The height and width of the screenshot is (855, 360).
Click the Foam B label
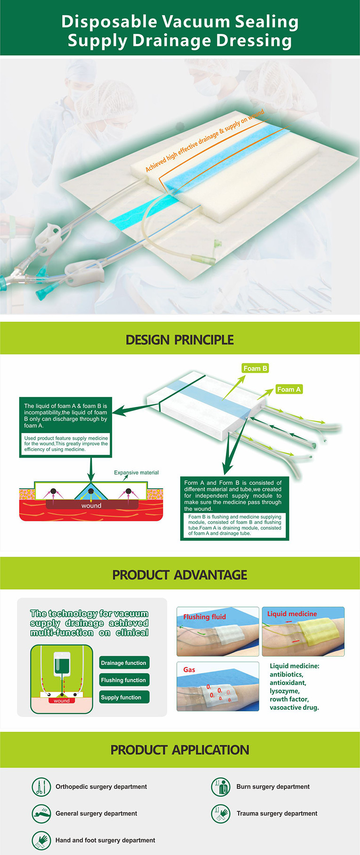coord(255,368)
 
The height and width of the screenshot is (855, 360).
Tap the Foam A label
coord(288,389)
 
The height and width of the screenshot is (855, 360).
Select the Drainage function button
coord(124,663)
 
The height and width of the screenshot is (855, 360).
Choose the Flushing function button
coord(124,680)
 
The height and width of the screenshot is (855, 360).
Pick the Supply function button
coord(124,697)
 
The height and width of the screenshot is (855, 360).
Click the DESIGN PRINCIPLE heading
coord(180,340)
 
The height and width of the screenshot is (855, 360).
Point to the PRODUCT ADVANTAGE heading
coord(180,575)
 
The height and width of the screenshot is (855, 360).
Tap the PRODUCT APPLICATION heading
coord(180,750)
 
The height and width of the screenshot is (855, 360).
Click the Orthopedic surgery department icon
coord(41,787)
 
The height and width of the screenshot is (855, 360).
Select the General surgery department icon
coord(41,813)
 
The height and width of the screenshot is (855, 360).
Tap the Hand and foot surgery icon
coord(41,840)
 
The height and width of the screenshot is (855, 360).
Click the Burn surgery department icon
coord(221,787)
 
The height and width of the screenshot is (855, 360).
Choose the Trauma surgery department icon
coord(221,813)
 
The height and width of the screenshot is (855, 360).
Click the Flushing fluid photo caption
coord(205,617)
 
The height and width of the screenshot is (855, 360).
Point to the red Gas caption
coord(189,669)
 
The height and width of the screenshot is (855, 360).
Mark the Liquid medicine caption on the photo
coord(292,614)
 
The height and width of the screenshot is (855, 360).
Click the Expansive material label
coord(136,473)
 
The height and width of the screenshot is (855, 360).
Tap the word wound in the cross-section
coord(91,506)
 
